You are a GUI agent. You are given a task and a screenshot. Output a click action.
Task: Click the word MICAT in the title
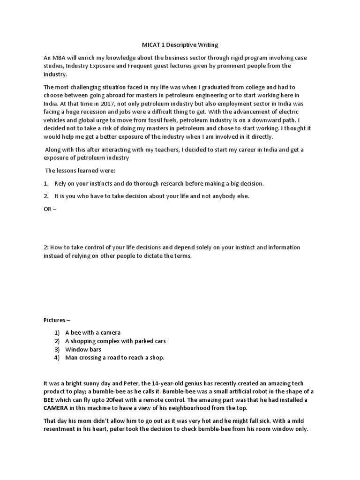point(151,45)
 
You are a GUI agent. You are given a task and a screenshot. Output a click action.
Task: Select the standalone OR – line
point(50,209)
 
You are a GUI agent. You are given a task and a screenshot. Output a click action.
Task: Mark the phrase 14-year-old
point(164,383)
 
